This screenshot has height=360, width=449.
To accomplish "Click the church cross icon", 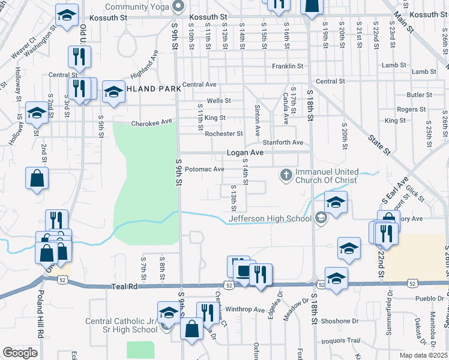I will tap(286, 175).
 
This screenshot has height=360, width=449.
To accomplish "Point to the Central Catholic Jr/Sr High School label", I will tap(121, 325).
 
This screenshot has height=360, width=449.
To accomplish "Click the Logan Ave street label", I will tap(245, 153).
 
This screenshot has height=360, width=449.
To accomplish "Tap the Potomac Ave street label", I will tap(204, 169).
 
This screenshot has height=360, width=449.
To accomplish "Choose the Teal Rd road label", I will tap(125, 287).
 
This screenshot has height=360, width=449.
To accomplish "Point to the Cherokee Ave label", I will tap(152, 123).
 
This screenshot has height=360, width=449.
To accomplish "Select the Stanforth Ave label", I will tap(283, 142).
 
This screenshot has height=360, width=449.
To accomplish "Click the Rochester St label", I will tap(223, 134).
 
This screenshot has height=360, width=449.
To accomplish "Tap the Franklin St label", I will tap(287, 66).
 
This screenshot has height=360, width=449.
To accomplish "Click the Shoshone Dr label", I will tap(342, 321).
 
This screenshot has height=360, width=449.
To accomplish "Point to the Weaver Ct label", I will tap(23, 49).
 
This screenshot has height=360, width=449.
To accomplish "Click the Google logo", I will tap(20, 353).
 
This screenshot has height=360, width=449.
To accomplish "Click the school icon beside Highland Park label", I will tap(112, 92).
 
